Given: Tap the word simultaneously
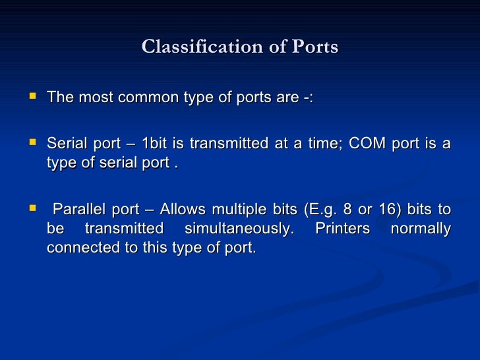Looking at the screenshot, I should click(x=237, y=229).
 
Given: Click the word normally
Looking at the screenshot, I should click(x=421, y=229).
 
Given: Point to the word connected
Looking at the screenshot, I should click(x=79, y=249).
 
